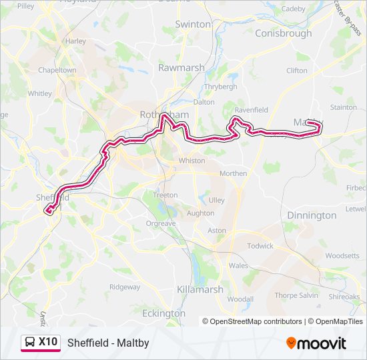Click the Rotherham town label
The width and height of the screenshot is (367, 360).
point(164,115)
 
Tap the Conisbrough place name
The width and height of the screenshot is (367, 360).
point(283,33)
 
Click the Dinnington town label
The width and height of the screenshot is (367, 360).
point(312,215)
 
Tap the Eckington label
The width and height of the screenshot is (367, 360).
point(163,313)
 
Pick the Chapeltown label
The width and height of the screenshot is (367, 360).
point(57,69)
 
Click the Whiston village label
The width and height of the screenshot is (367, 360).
point(192,161)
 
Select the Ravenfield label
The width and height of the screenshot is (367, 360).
point(251,110)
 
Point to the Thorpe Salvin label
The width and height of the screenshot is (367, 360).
point(296,295)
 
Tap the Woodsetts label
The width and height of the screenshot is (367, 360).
point(342,255)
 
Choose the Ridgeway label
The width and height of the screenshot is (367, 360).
point(125,287)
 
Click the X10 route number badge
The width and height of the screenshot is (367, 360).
point(47,342)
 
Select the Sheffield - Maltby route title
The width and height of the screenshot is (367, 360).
point(108,343)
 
